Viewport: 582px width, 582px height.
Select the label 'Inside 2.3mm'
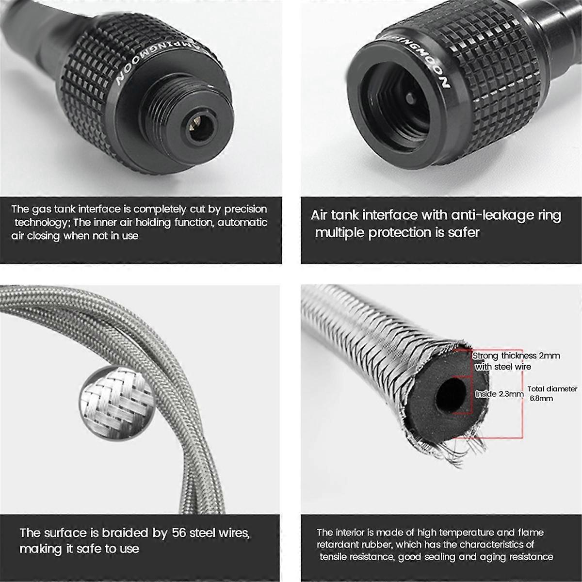[x=499, y=394]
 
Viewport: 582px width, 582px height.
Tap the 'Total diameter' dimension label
[x=552, y=389]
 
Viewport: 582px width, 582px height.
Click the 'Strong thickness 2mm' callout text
[x=516, y=356]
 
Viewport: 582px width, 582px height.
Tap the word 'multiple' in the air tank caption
[x=339, y=232]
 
